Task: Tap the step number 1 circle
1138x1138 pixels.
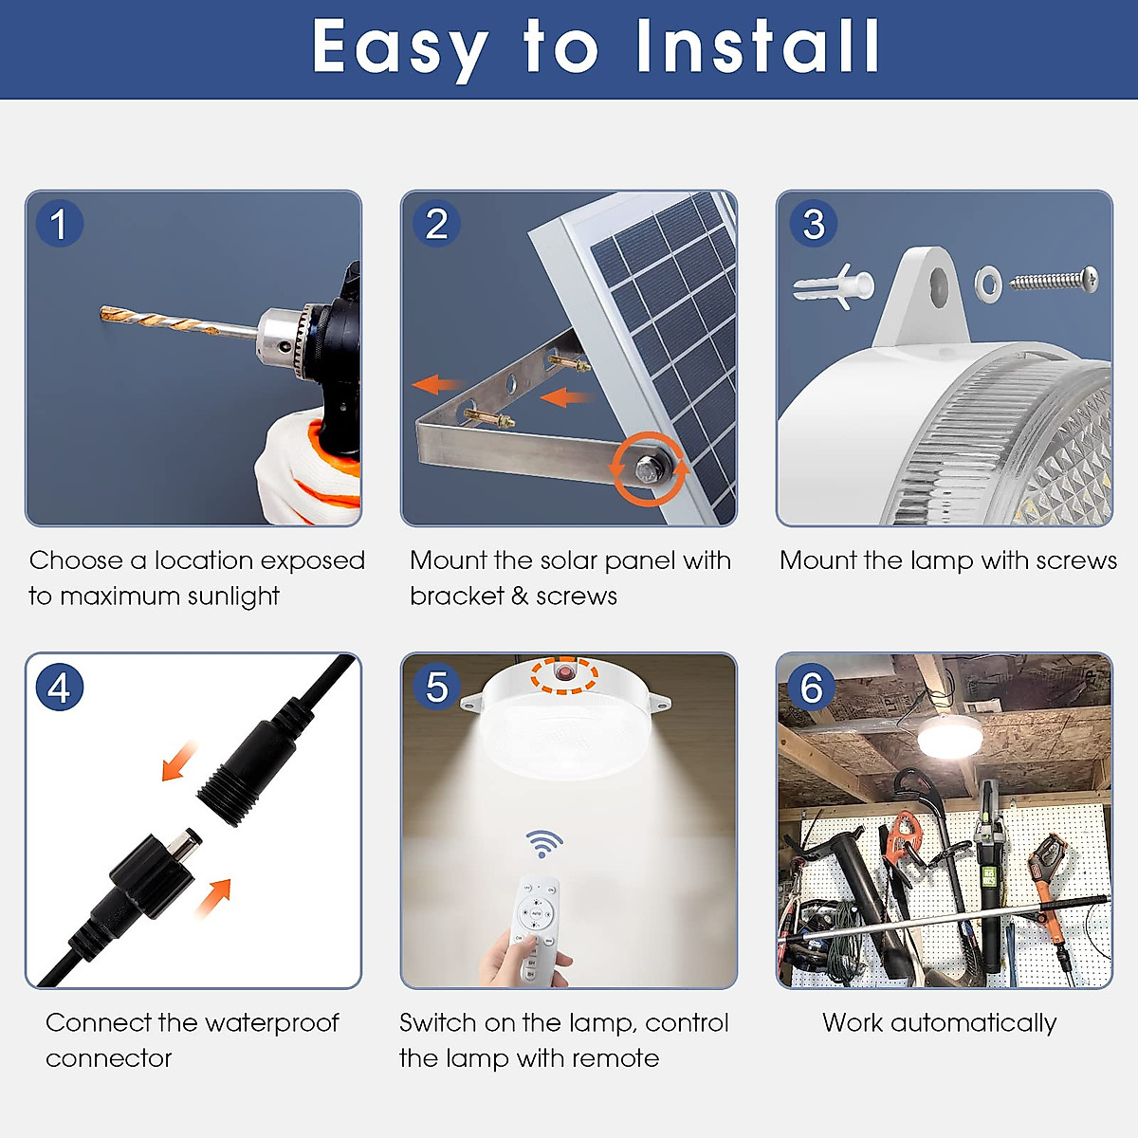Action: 59,225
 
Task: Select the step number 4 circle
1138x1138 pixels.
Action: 59,688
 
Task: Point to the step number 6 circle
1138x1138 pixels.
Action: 811,688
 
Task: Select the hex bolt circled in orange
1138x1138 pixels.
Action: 650,468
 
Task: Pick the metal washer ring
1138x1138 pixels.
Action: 988,283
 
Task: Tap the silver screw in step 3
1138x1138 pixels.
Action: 1053,281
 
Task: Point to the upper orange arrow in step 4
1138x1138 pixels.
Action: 178,761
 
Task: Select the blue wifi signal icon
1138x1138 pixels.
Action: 543,842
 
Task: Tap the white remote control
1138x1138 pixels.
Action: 538,929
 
